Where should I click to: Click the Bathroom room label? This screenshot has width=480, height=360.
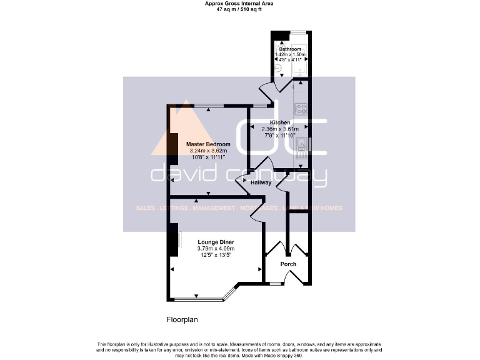tap(290, 49)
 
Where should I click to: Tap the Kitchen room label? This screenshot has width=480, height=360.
tap(279, 122)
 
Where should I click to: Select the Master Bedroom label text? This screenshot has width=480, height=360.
tap(208, 144)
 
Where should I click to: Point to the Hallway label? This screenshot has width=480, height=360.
tap(261, 182)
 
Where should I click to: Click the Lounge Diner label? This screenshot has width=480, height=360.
tap(216, 241)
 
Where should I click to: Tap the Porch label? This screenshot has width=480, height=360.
tap(288, 264)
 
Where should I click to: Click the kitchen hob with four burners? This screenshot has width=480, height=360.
tap(301, 109)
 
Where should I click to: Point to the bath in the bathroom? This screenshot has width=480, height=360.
tap(301, 65)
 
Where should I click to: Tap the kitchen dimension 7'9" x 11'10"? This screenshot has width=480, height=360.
tap(279, 135)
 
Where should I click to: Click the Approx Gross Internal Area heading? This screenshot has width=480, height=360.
tap(239, 4)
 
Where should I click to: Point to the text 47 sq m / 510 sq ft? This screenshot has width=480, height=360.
tap(239, 10)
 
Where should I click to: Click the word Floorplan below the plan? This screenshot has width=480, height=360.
tap(182, 319)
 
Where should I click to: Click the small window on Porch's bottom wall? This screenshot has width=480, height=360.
tap(274, 284)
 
